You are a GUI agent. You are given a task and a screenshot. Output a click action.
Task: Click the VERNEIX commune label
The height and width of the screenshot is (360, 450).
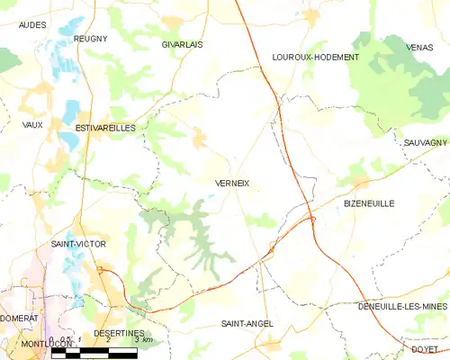[x=232, y=183]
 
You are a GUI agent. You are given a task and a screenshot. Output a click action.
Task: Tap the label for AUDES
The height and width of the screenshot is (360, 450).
[x=32, y=26]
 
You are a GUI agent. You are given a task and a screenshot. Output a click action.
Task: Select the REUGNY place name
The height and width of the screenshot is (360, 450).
[x=90, y=39]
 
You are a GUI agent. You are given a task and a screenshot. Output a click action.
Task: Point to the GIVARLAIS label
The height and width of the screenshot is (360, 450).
[x=182, y=43]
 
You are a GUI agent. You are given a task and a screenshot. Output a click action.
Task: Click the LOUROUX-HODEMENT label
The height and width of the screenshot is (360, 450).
[x=315, y=57]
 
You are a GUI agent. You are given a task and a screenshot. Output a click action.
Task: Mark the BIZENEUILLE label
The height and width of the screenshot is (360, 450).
[x=369, y=204]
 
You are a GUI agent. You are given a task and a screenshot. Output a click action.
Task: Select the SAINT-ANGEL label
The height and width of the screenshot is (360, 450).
[x=247, y=322]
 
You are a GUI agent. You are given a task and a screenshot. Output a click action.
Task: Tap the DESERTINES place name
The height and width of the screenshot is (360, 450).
[x=120, y=332]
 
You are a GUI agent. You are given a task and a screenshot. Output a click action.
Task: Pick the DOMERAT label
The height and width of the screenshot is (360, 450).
[x=19, y=318]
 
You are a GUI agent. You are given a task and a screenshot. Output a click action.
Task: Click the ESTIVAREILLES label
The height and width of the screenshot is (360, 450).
[x=105, y=129]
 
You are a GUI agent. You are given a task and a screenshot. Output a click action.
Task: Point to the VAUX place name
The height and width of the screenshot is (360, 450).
[x=32, y=124]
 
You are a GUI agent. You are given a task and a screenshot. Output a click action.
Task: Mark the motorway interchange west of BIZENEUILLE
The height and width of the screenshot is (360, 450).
[x=310, y=217]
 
